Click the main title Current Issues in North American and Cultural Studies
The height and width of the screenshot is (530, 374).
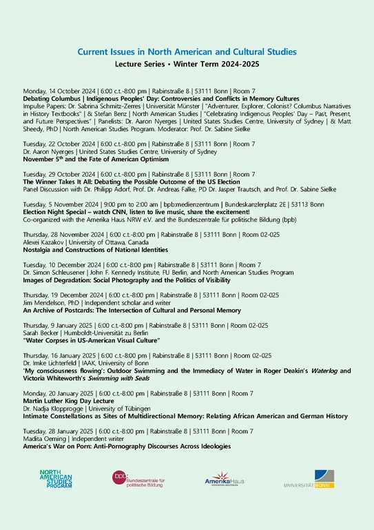pyautogui.click(x=187, y=52)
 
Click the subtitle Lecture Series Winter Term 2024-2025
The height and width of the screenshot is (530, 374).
pyautogui.click(x=187, y=63)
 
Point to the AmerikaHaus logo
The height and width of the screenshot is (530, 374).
pyautogui.click(x=224, y=480)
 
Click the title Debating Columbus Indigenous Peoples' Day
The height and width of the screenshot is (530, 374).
pyautogui.click(x=161, y=99)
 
